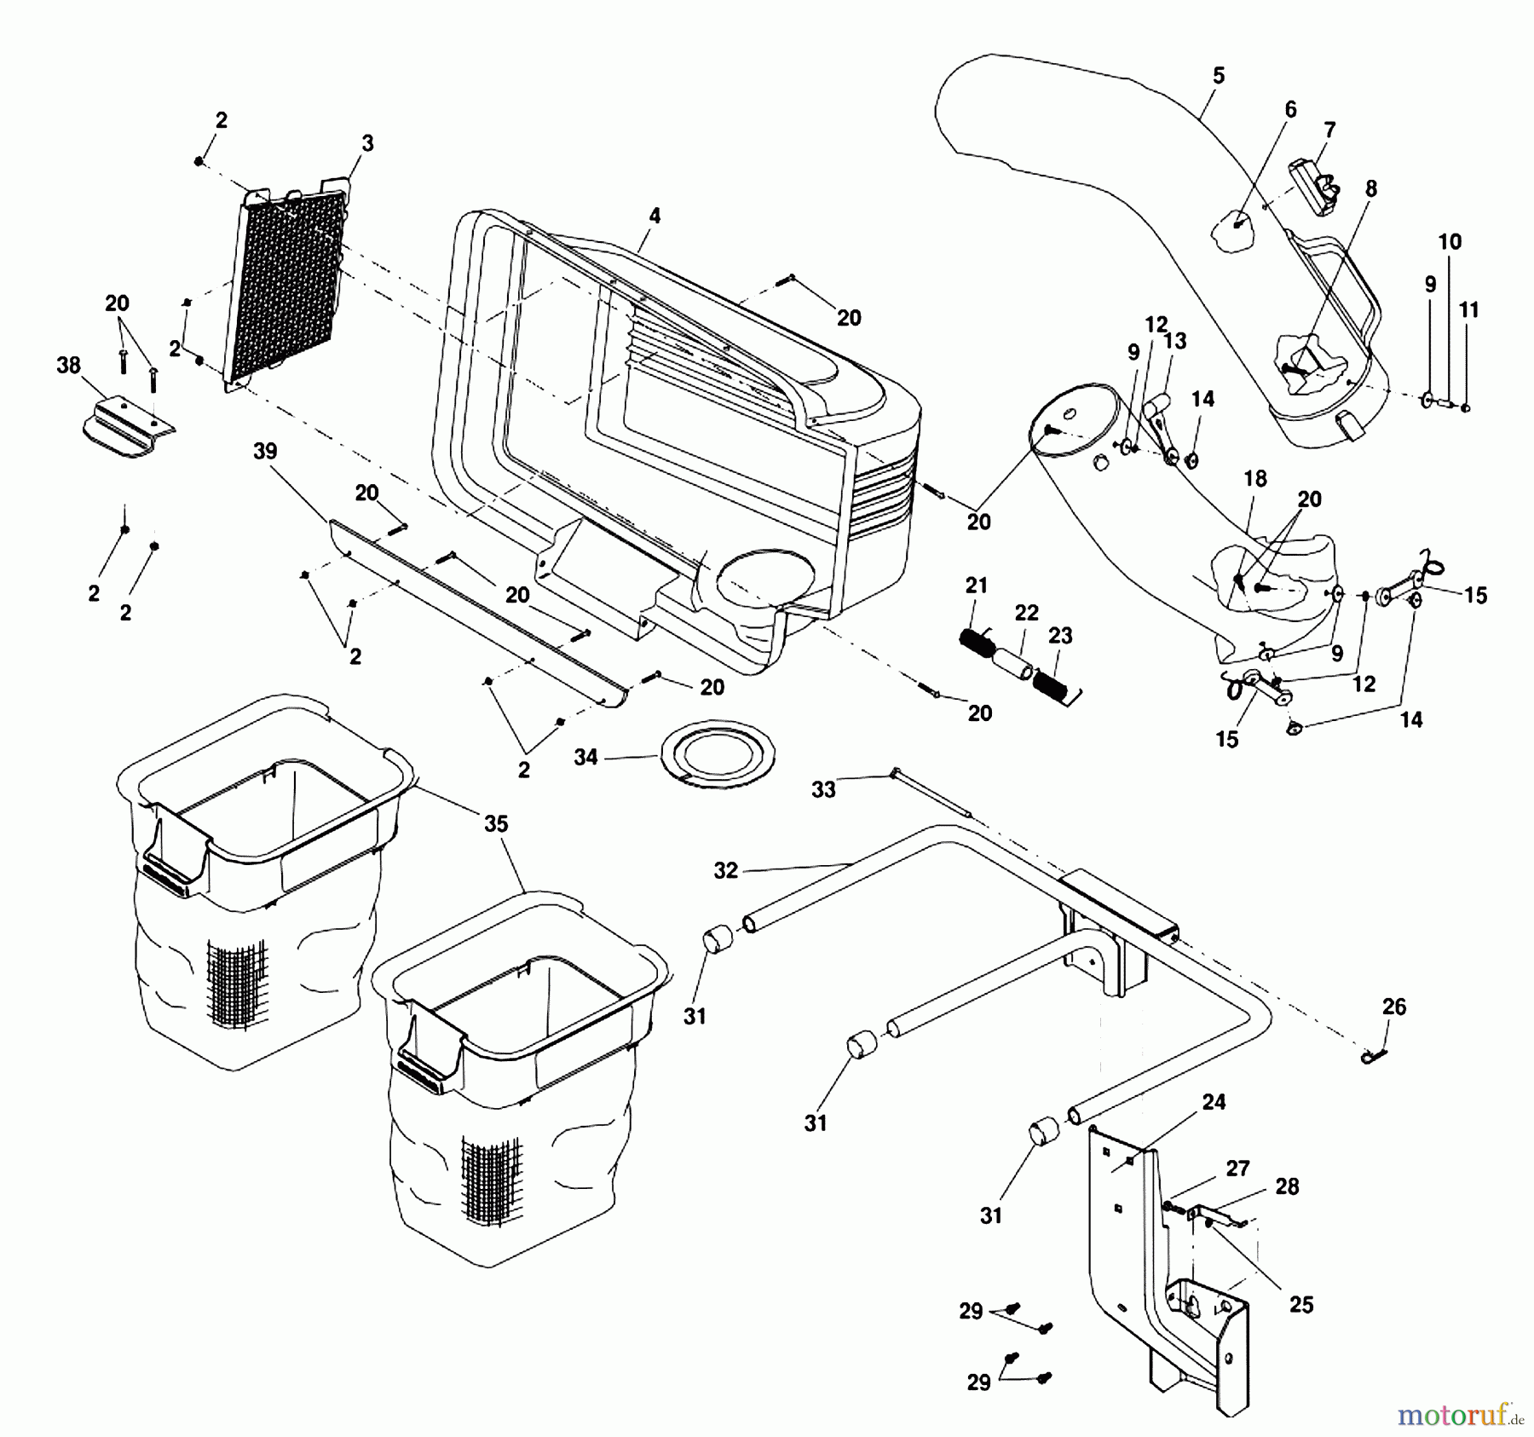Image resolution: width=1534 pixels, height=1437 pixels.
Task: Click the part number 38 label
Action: click(68, 366)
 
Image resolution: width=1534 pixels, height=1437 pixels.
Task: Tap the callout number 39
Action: click(265, 452)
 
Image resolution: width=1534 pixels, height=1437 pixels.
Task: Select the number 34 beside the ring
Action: click(585, 757)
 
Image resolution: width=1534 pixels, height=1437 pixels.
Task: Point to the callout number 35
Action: click(496, 824)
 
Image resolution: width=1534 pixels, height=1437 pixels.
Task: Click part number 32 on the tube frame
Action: click(725, 871)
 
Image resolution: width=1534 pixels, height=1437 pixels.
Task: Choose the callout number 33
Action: click(823, 790)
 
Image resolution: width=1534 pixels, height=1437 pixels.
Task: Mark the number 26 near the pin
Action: click(1393, 1007)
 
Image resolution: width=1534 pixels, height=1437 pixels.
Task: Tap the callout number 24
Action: click(1214, 1102)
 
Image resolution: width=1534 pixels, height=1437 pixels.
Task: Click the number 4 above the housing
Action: click(654, 216)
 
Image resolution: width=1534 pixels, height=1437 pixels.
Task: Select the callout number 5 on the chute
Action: click(1218, 76)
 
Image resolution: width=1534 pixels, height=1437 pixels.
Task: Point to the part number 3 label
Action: click(367, 143)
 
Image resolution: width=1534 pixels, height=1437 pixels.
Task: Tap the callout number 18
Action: click(1254, 479)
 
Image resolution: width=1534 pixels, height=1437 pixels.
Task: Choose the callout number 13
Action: click(1174, 341)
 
